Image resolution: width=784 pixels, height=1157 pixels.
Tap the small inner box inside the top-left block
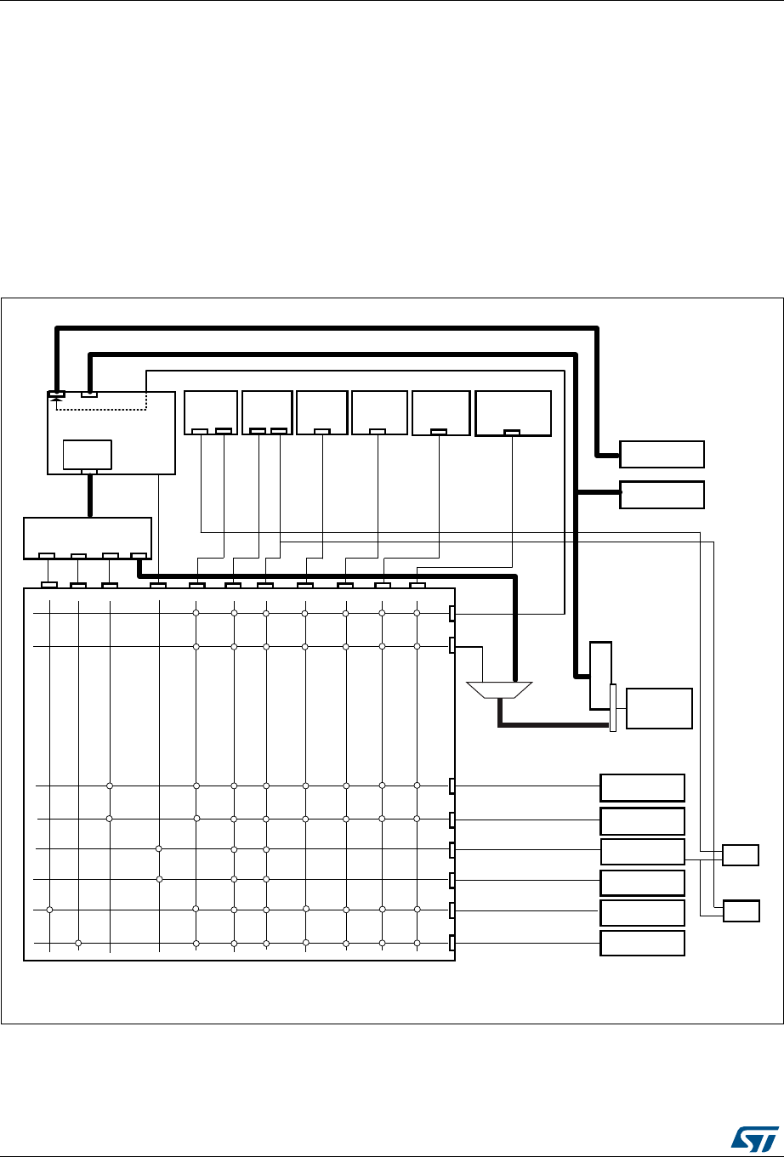[88, 456]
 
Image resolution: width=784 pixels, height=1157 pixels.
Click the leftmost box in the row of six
[211, 412]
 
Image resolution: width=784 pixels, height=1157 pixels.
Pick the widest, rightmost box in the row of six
[513, 413]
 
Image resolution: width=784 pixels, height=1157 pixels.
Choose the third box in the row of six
[322, 412]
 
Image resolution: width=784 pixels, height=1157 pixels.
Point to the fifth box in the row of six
[440, 413]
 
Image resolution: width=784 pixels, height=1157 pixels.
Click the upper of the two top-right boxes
[662, 455]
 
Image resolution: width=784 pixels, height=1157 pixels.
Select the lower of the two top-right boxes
[662, 495]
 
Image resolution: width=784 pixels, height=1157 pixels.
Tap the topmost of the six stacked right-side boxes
[642, 788]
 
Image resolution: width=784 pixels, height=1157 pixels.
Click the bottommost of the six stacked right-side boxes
[642, 944]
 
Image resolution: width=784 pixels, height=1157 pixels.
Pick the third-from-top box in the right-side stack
[642, 851]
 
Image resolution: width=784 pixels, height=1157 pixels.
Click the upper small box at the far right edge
[740, 854]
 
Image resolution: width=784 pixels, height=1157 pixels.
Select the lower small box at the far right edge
[740, 911]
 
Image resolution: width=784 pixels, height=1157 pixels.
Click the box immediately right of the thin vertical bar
[659, 708]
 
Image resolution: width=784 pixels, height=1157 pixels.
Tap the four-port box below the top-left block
[88, 538]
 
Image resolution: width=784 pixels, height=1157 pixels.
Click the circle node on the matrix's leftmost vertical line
[50, 910]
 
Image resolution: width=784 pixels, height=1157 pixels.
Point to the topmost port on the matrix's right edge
[452, 614]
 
